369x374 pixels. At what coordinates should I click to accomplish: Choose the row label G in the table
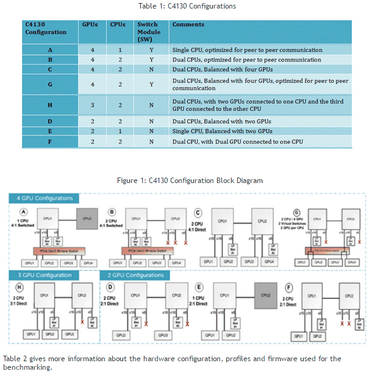click(x=50, y=84)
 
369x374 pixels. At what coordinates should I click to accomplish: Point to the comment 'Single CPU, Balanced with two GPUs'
click(x=222, y=131)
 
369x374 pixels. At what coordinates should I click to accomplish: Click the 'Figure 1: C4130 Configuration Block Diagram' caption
click(x=190, y=180)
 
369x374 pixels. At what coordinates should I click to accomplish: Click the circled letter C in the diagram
click(x=199, y=213)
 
